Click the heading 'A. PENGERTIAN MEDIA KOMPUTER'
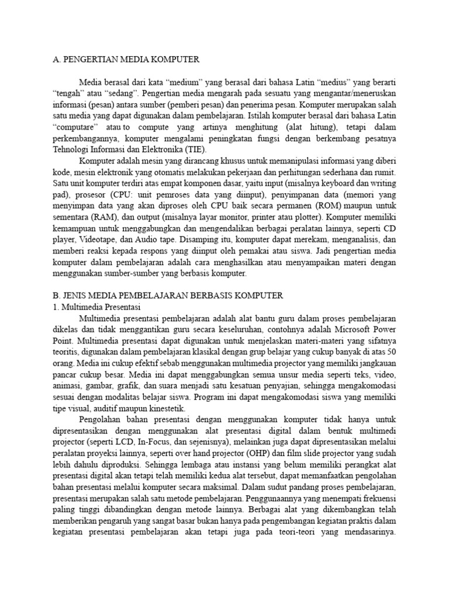[126, 59]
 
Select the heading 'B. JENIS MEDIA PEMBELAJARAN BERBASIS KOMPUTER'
[168, 296]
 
